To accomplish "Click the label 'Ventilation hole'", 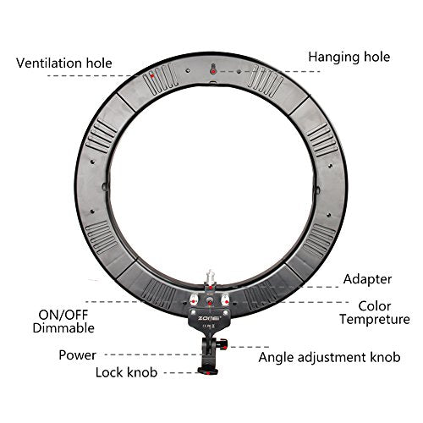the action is pos(64,63).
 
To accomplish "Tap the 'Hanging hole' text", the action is pos(349,58).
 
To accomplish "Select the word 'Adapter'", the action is pos(367,279).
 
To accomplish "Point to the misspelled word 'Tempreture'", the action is pos(375,320).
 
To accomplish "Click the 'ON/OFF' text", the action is pos(63,315).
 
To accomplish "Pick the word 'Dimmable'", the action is pos(63,328).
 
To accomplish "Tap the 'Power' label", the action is pos(77,355).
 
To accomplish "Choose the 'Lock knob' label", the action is pos(126,372).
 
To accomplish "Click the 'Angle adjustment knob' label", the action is pos(329,357).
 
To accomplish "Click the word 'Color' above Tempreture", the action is pos(375,306).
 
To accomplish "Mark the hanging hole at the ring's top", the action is pos(213,69).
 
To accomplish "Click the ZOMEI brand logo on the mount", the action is pos(209,318).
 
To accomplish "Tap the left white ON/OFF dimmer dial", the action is pos(194,299).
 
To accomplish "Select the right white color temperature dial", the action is pos(225,299).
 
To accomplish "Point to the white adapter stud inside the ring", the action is pos(210,277).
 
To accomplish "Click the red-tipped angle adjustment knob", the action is pos(222,344).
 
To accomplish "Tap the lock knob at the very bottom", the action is pos(208,371).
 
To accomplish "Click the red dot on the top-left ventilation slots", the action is pos(152,76).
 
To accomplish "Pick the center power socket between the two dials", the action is pos(210,302).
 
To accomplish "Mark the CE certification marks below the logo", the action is pos(209,326).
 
